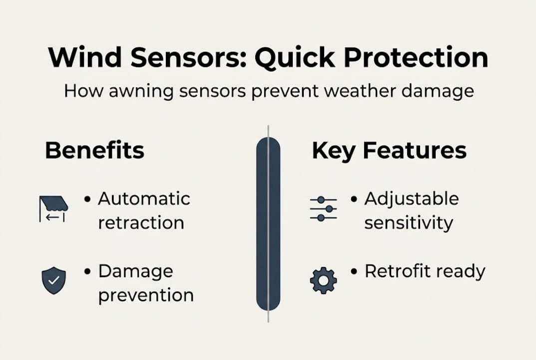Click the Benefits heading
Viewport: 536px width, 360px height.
[94, 150]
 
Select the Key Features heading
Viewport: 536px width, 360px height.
[389, 150]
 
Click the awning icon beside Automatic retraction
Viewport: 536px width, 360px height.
[53, 208]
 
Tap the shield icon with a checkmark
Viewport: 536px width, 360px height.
[53, 280]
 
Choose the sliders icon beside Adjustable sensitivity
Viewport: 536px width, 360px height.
[323, 209]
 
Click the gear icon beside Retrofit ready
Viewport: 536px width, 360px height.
[323, 280]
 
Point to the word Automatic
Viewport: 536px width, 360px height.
[144, 198]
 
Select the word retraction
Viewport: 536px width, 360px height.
[141, 222]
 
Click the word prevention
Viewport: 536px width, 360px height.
[145, 295]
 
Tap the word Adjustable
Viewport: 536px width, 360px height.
[411, 198]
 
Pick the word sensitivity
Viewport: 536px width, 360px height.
[408, 222]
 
